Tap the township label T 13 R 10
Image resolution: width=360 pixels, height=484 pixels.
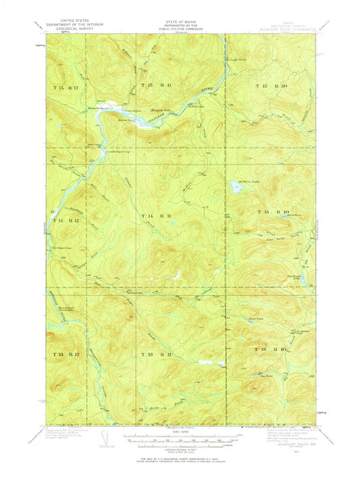point(272,348)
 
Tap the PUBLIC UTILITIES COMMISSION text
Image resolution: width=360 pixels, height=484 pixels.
point(180,38)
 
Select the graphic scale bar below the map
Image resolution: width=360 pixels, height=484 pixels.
point(180,442)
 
